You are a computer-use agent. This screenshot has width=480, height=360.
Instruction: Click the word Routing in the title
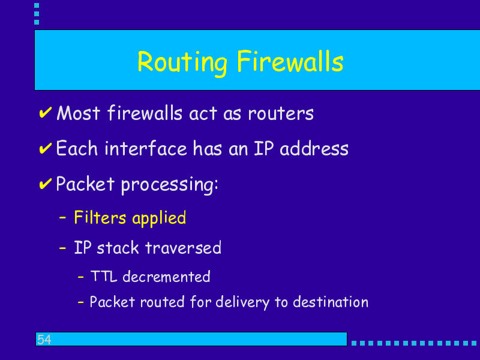tap(182, 62)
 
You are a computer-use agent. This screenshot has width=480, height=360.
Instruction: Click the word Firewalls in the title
tap(290, 62)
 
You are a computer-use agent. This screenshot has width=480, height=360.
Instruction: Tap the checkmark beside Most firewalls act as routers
tap(46, 113)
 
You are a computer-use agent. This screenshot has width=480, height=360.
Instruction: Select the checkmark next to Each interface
tap(46, 148)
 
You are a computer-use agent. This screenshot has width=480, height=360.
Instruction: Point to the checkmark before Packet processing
tap(46, 184)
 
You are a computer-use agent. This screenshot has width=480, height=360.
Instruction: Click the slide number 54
tap(44, 340)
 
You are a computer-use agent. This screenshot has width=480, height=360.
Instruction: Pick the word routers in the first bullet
tap(281, 113)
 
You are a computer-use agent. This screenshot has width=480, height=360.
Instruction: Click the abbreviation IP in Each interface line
tap(263, 148)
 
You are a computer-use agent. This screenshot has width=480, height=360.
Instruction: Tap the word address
tap(314, 148)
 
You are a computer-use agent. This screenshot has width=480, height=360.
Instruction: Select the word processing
tap(170, 185)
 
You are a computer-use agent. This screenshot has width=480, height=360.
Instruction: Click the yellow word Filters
tap(100, 218)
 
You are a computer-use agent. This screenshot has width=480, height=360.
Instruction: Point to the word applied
tap(159, 218)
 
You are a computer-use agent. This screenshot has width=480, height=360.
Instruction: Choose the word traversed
tap(183, 248)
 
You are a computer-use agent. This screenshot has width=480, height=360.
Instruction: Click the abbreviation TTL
tap(104, 276)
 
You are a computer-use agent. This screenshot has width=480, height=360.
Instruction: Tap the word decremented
tap(166, 277)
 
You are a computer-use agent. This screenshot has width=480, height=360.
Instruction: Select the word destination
tap(331, 302)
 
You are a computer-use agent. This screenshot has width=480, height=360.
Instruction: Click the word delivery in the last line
tap(242, 303)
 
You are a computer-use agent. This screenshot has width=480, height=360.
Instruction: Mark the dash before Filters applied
tap(62, 218)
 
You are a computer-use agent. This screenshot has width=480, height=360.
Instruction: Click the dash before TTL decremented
tap(81, 277)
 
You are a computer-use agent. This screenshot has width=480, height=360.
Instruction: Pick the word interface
tap(146, 148)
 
